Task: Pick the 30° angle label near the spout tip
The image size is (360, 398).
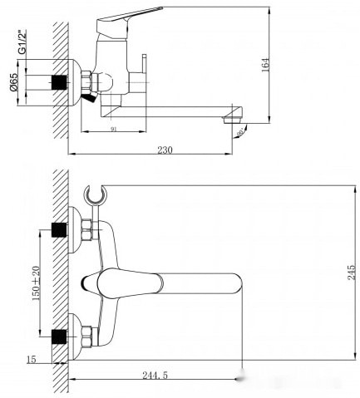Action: (240, 130)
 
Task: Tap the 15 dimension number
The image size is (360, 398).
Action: (31, 360)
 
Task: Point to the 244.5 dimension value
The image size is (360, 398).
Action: (154, 376)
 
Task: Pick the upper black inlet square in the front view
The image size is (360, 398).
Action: (59, 228)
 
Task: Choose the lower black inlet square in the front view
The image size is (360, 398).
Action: (59, 336)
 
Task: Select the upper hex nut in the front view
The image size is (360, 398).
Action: (86, 228)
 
